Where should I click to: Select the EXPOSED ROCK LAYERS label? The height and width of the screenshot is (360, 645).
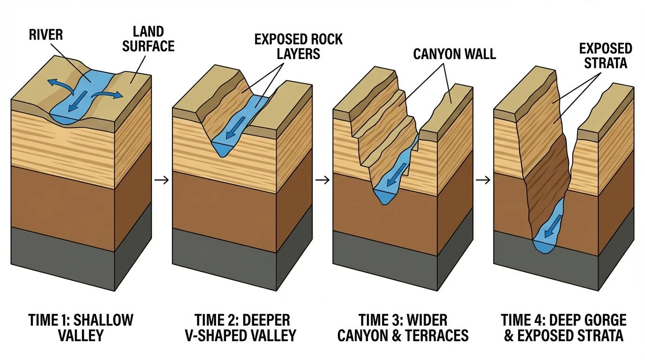pos(299,46)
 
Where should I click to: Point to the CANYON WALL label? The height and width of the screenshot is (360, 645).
pos(454,54)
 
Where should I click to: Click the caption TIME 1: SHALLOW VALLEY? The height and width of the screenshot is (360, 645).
pos(81,328)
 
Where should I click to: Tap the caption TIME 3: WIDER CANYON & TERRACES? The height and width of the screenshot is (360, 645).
pos(403,328)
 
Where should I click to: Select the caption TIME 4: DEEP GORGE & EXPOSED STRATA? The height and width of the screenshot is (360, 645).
pos(563,328)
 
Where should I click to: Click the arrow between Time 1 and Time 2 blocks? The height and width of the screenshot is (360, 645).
pos(162,180)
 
